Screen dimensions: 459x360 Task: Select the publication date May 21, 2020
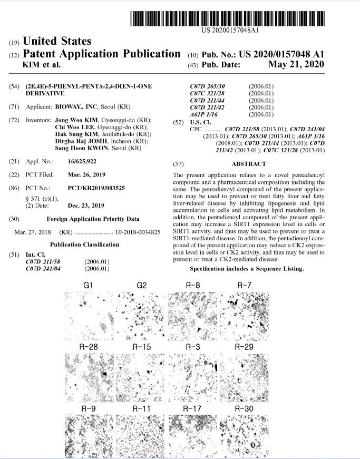tap(296, 65)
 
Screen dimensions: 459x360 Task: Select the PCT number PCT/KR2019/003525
tap(97, 188)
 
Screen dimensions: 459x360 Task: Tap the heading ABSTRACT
tap(248, 164)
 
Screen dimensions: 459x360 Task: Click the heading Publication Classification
tap(84, 245)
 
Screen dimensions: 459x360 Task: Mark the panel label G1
tap(89, 285)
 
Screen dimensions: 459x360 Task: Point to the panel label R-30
tap(244, 408)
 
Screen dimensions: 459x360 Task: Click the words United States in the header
tap(57, 41)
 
